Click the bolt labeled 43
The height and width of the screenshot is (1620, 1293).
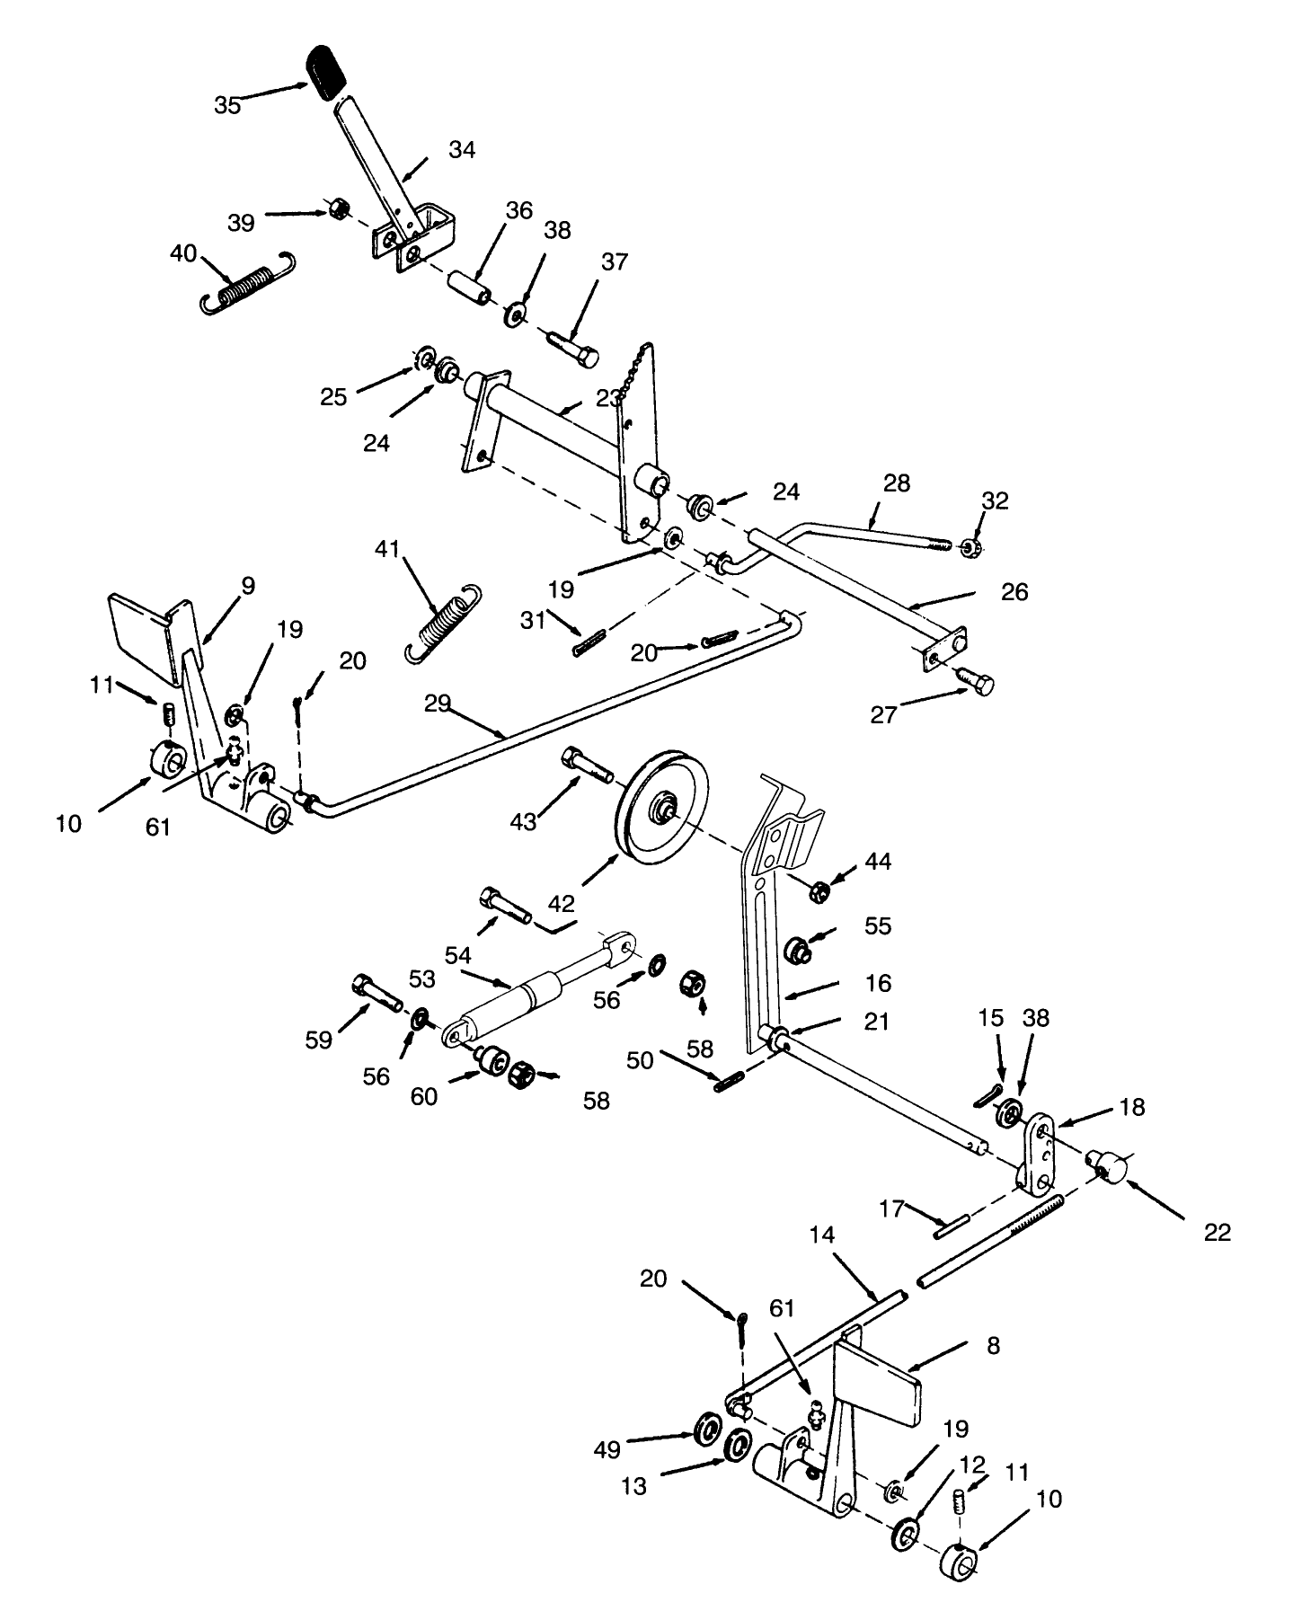(586, 764)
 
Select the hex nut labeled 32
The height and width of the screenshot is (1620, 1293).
(970, 547)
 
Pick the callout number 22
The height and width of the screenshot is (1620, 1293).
(1217, 1232)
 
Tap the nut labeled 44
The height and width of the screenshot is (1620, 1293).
(819, 892)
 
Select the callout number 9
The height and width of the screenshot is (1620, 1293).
(247, 587)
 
